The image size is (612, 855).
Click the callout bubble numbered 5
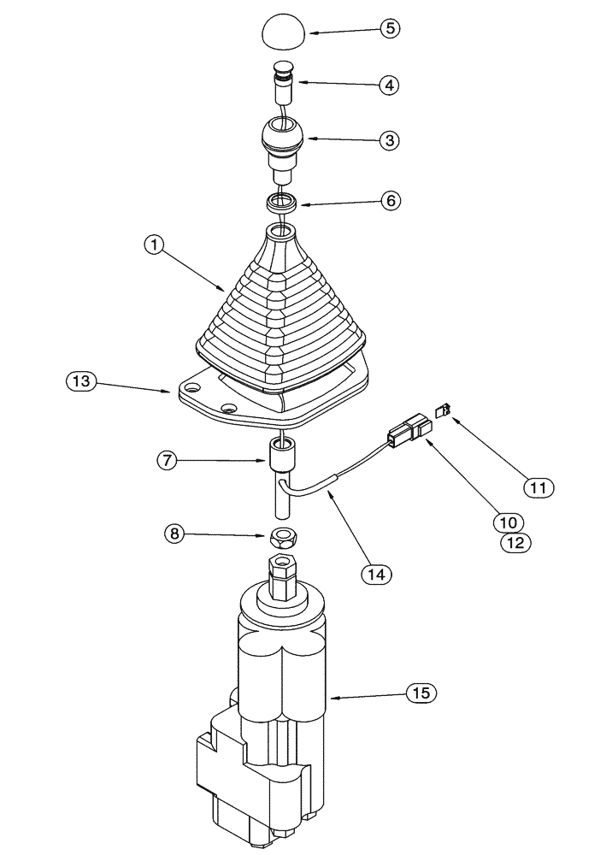[x=389, y=28]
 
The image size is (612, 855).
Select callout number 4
[x=389, y=85]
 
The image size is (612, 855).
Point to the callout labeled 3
[x=389, y=139]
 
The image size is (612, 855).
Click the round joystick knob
[x=283, y=139]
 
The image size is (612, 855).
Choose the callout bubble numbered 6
[x=389, y=201]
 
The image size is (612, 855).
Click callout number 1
[x=154, y=246]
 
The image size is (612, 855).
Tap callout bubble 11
[x=539, y=486]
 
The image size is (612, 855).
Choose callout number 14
[x=376, y=574]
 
